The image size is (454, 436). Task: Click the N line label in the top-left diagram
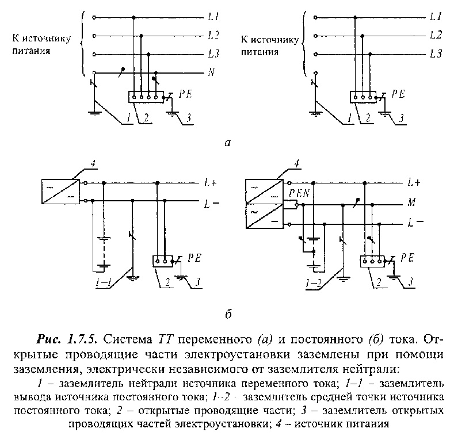(211, 72)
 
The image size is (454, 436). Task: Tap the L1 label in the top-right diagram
(436, 17)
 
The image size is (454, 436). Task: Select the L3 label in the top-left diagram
(213, 53)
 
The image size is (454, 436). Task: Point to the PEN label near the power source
(299, 193)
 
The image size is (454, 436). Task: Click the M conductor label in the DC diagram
(411, 202)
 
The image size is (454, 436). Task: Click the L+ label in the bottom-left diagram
(211, 183)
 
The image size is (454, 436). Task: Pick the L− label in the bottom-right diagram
(415, 223)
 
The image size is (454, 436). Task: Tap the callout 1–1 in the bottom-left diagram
(104, 283)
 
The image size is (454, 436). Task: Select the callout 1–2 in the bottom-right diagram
(313, 283)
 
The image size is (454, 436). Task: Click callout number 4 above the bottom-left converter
(93, 164)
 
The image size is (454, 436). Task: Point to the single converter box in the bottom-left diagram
(60, 192)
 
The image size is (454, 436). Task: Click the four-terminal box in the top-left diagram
(146, 97)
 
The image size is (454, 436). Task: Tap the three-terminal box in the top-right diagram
(363, 97)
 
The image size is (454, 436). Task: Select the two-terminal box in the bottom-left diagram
(162, 261)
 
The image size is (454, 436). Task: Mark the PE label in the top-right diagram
(398, 94)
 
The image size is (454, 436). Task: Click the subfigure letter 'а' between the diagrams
(228, 143)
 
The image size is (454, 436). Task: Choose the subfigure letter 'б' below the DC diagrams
(228, 314)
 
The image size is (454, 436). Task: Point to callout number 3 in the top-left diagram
(189, 118)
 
